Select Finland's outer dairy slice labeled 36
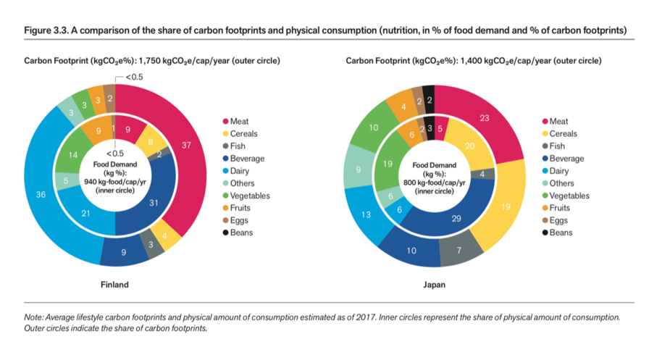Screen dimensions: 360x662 pyautogui.click(x=41, y=194)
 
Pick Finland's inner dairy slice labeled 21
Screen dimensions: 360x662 pyautogui.click(x=85, y=213)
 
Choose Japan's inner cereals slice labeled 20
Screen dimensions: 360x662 pyautogui.click(x=470, y=146)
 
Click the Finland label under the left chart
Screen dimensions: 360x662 pyautogui.click(x=114, y=285)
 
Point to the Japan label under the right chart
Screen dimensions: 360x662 pyautogui.click(x=435, y=285)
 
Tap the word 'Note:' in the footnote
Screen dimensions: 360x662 pyautogui.click(x=35, y=318)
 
